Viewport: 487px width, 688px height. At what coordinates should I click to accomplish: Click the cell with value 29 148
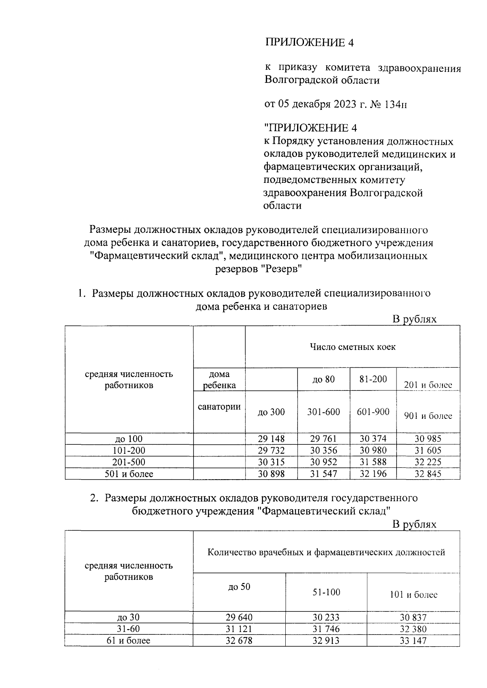point(271,439)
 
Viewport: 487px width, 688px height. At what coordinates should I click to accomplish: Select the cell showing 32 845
point(428,474)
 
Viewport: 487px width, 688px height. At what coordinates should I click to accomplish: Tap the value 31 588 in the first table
point(373,462)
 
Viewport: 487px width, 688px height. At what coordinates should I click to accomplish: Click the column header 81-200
point(373,379)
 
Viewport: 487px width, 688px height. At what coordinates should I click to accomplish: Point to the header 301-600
point(323,412)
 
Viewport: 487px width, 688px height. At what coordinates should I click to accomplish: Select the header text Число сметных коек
point(352,347)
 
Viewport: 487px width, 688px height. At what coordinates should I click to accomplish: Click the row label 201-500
point(129,462)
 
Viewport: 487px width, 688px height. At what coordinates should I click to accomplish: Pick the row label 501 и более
point(129,474)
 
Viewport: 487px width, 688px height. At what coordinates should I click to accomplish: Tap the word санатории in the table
point(219,407)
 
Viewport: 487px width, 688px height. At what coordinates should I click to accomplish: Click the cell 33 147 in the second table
point(413,641)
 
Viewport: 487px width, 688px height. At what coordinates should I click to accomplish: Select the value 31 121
point(239,629)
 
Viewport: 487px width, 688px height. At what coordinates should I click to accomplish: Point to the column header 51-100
point(326,592)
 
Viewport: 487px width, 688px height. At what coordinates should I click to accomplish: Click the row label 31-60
point(129,629)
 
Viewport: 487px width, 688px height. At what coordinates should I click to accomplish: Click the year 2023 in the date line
point(345,105)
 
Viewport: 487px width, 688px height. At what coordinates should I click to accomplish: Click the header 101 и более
point(413,595)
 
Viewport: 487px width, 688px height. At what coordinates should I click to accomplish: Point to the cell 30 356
point(323,450)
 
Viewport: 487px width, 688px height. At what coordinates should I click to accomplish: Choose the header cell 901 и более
point(428,416)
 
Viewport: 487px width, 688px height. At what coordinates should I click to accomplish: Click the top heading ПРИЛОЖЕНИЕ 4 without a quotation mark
point(310,43)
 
